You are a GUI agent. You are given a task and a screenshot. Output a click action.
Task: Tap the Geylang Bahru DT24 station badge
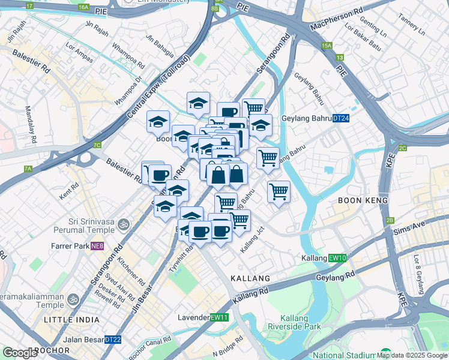tap(341, 119)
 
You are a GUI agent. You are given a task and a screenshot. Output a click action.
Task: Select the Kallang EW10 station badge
tap(338, 258)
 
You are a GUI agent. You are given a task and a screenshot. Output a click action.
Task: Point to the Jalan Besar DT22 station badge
tap(113, 340)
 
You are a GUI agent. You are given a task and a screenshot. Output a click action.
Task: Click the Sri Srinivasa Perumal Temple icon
tap(124, 224)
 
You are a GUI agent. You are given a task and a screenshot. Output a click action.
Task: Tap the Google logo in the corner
tap(20, 353)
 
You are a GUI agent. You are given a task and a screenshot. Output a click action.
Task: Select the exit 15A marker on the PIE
tap(327, 45)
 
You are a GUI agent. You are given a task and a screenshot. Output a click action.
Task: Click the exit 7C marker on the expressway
tap(97, 145)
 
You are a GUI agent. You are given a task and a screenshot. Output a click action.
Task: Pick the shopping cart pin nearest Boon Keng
tap(279, 193)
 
